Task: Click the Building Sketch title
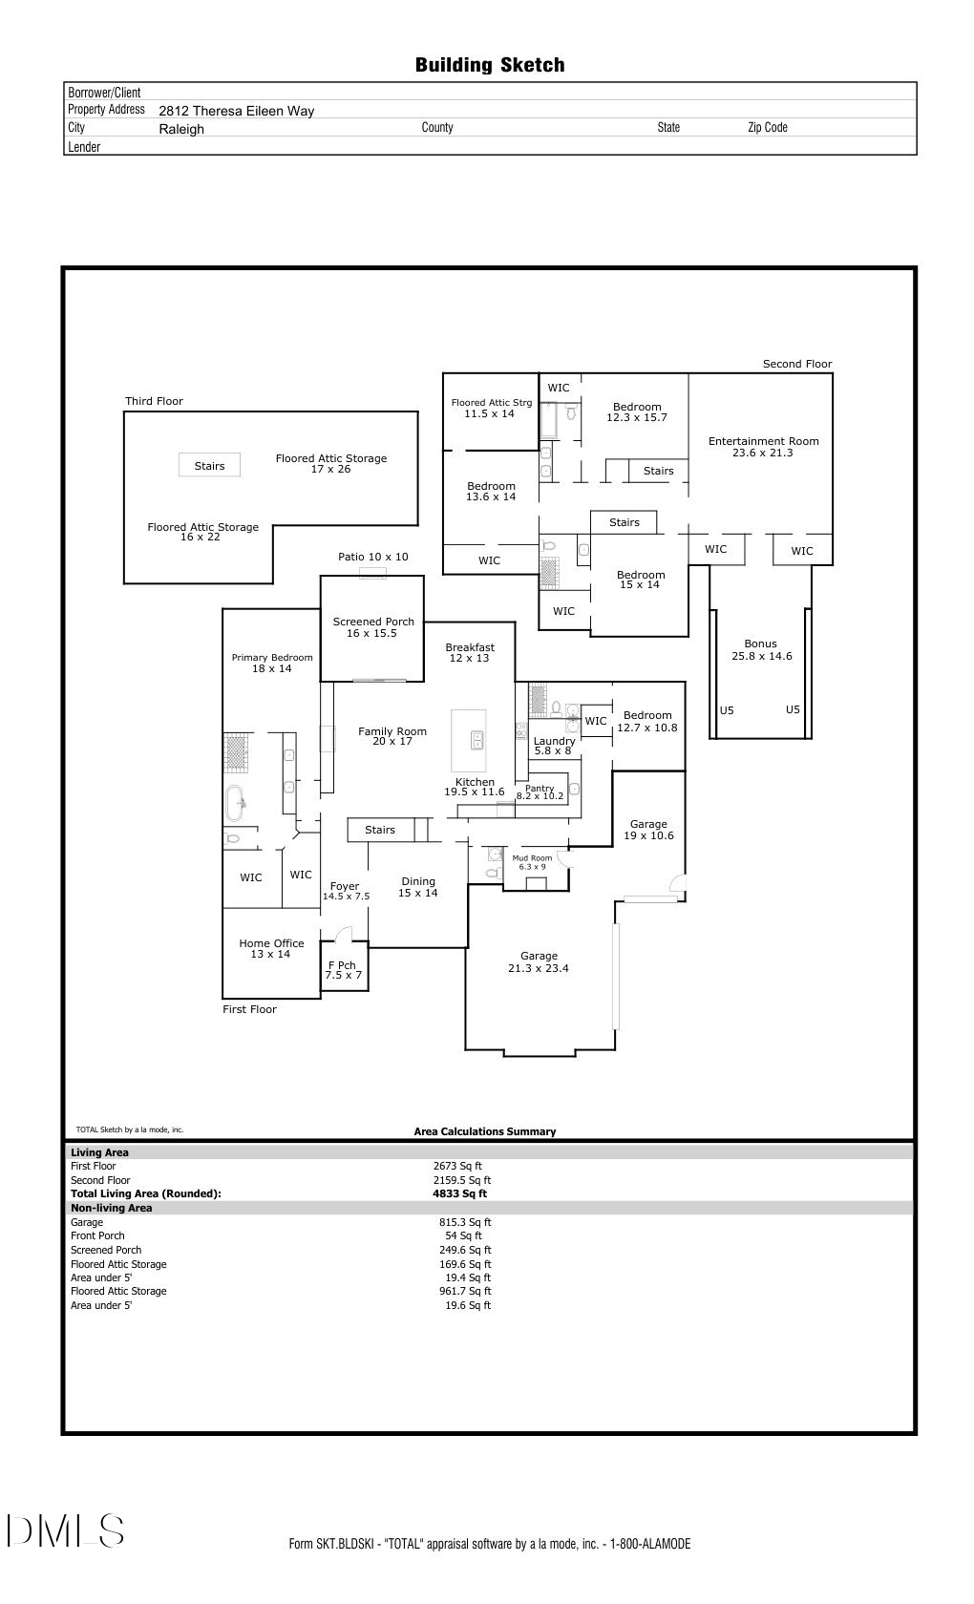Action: tap(489, 65)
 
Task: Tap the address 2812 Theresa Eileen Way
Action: tap(236, 111)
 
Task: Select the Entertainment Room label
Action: tap(763, 447)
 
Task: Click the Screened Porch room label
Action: tap(373, 627)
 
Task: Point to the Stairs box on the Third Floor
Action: tap(209, 466)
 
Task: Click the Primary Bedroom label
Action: tap(272, 663)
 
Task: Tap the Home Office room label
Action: tap(271, 948)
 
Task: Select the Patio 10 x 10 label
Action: tap(372, 557)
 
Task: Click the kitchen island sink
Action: tap(476, 738)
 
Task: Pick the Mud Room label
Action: tap(532, 862)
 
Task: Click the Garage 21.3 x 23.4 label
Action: tap(539, 961)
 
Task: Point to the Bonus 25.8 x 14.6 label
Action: tap(761, 649)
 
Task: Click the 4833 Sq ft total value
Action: tap(459, 1193)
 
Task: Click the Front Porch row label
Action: tap(97, 1235)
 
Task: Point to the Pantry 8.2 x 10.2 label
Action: tap(540, 791)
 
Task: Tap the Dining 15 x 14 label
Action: tap(417, 887)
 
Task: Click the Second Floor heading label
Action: tap(796, 364)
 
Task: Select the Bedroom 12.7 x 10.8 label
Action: tap(646, 721)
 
